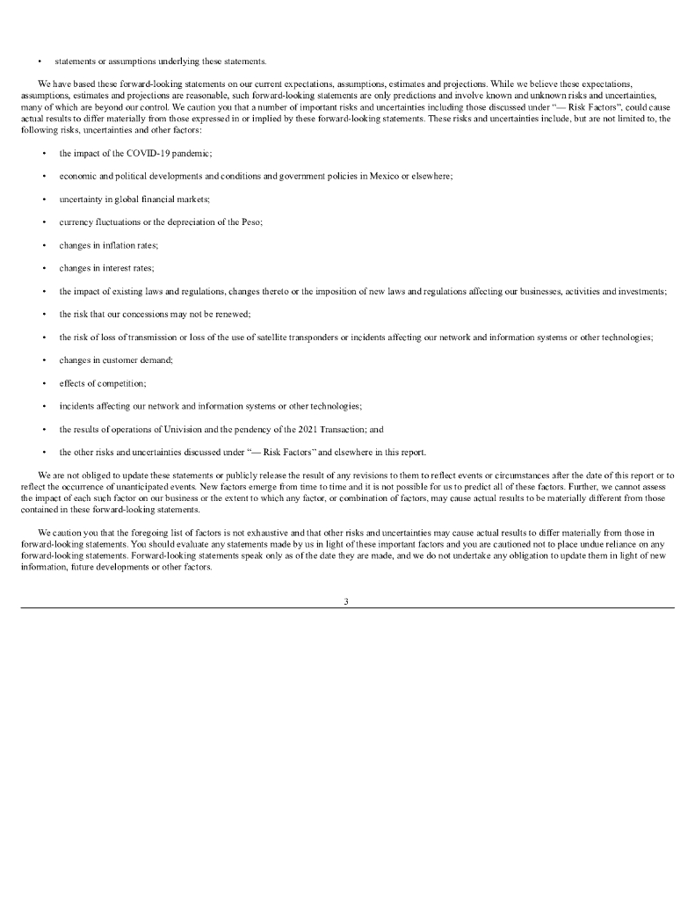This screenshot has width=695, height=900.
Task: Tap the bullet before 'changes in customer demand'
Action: point(44,360)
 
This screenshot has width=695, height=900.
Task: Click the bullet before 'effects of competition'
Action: point(44,383)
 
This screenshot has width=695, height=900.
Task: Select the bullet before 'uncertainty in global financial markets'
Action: point(44,200)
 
